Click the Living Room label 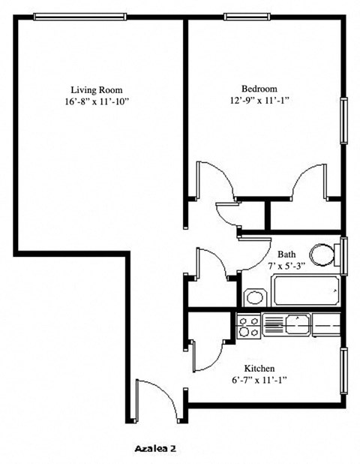(x=97, y=89)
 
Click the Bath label (x=286, y=255)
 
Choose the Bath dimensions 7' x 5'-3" (x=286, y=267)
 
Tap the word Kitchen (x=259, y=369)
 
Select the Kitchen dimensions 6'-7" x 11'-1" (x=259, y=380)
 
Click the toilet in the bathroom (x=325, y=254)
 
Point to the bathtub (x=305, y=291)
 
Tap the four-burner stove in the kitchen (x=249, y=325)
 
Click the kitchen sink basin (x=298, y=324)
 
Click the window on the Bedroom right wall (x=344, y=120)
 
